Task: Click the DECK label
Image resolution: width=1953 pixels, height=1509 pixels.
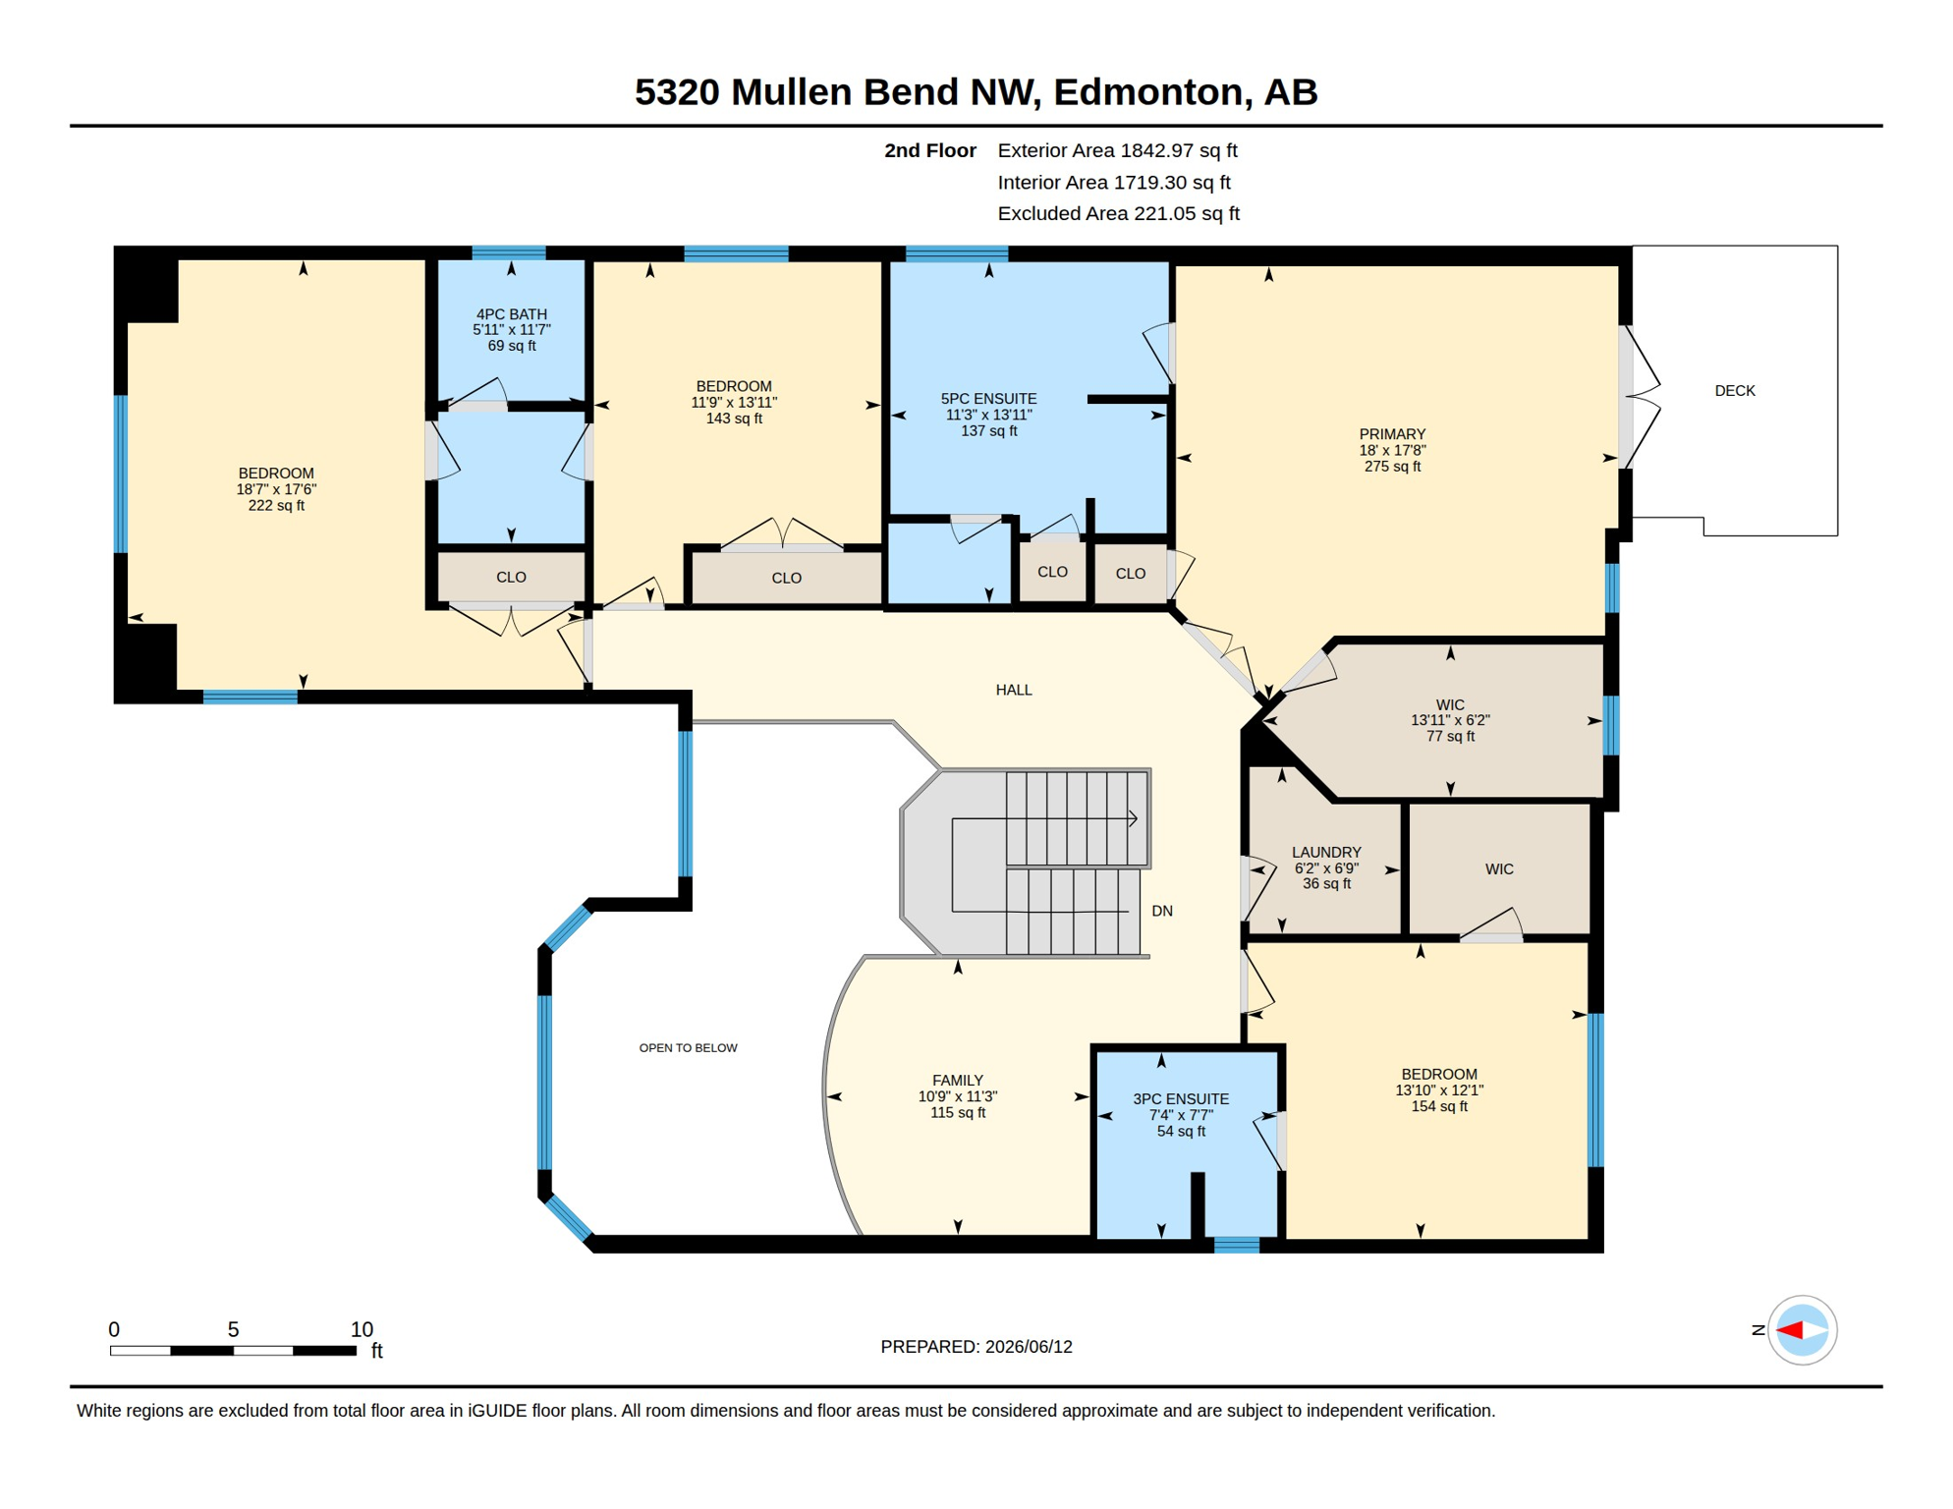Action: click(x=1734, y=391)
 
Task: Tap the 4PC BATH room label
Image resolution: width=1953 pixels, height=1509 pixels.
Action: click(x=512, y=314)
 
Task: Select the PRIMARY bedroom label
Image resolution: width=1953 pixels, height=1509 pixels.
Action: click(x=1392, y=434)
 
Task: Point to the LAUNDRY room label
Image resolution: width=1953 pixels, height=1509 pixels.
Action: click(x=1326, y=853)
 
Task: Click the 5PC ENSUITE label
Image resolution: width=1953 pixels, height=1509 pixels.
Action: click(x=988, y=399)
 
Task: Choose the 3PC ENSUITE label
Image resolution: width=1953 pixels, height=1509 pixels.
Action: click(x=1181, y=1099)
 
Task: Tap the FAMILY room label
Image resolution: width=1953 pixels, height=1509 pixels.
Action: click(x=958, y=1081)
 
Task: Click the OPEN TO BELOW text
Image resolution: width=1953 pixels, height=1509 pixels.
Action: click(x=688, y=1048)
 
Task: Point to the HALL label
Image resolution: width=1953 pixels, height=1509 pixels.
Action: click(x=1014, y=690)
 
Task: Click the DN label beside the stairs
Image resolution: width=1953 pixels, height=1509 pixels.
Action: click(x=1162, y=911)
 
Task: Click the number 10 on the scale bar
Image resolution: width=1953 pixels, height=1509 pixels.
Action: click(x=362, y=1329)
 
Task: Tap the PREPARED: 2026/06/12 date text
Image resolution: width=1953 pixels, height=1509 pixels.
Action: click(x=976, y=1347)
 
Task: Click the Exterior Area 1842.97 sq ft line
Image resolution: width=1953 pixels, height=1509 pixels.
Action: click(x=1117, y=150)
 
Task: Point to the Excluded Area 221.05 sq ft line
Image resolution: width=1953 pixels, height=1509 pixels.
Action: click(x=1118, y=213)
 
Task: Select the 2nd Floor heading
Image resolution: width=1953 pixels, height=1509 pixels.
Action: click(x=929, y=150)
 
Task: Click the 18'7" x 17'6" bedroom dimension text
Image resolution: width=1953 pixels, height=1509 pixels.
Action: click(x=276, y=489)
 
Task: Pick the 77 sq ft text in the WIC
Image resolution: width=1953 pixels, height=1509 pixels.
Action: click(x=1450, y=736)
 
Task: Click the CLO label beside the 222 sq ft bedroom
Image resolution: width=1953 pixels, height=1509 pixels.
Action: click(x=511, y=578)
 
